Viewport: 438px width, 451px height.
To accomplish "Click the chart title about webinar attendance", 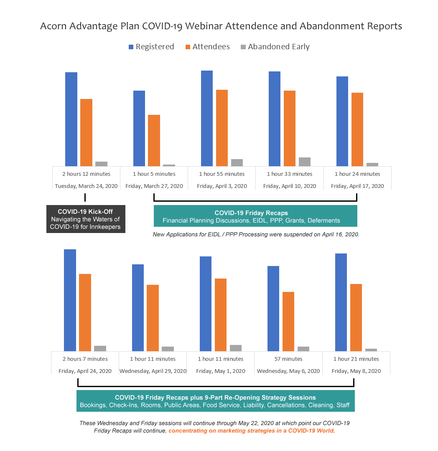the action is [x=221, y=26].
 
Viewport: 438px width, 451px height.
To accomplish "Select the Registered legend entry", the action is [x=151, y=47].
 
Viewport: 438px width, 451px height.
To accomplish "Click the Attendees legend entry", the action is [x=207, y=47].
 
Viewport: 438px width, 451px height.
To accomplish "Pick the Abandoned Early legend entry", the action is [x=275, y=47].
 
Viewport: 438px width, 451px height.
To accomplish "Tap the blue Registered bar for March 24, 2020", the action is [x=71, y=119].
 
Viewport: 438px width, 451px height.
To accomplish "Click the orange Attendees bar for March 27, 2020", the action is [x=154, y=141].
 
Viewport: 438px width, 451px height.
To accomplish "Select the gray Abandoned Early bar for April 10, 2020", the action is [x=305, y=162].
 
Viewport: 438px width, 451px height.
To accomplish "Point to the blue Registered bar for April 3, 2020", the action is [x=207, y=119].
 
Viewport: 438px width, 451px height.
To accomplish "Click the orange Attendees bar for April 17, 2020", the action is [x=357, y=129].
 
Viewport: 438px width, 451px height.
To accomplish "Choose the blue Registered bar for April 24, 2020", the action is [x=70, y=300].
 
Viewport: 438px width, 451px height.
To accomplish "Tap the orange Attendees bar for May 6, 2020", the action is [x=288, y=322].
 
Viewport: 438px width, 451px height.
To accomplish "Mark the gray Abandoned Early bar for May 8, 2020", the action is [x=371, y=350].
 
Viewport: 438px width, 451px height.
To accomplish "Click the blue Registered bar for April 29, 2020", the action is [x=138, y=308].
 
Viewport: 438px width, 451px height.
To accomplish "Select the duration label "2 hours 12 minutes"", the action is [x=87, y=174].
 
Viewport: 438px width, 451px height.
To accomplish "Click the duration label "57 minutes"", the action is [x=288, y=359].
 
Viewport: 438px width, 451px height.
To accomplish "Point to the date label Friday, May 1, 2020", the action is [x=221, y=371].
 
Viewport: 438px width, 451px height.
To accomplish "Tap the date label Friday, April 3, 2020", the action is [x=222, y=186].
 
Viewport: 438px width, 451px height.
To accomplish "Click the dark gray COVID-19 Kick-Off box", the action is [x=86, y=219].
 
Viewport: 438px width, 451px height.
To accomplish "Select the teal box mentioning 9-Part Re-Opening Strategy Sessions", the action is [x=216, y=401].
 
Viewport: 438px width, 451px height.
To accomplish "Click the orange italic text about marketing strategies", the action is [x=252, y=431].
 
